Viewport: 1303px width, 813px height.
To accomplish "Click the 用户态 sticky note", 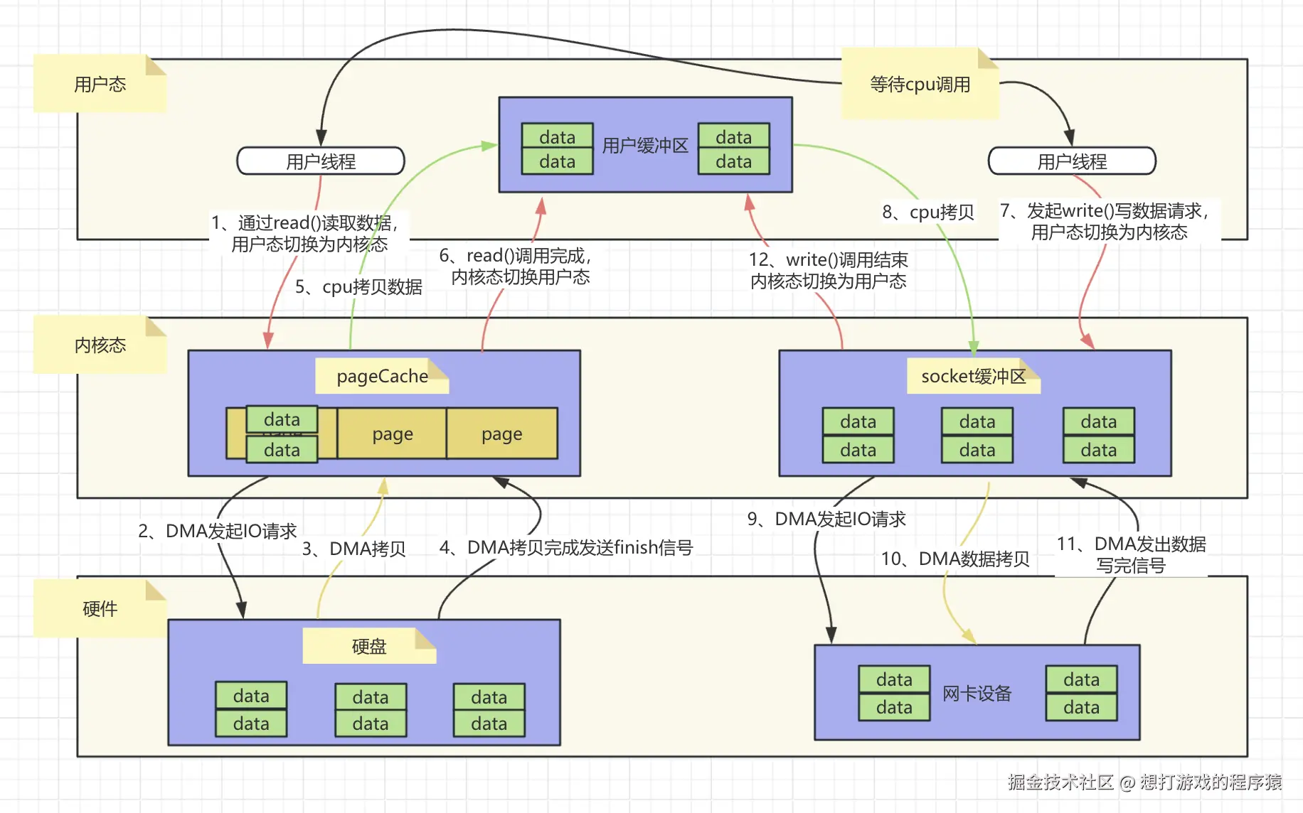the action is click(x=100, y=83).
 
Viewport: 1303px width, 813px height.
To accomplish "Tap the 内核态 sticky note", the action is click(x=100, y=345).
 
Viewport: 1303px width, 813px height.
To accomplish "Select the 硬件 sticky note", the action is click(x=100, y=608).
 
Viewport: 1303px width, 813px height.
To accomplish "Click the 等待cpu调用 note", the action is click(x=920, y=83).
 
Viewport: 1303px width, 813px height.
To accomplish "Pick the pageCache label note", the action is click(x=383, y=376).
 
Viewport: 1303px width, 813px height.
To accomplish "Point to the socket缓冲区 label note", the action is click(x=974, y=376).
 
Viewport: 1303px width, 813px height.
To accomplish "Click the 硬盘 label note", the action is click(x=369, y=646).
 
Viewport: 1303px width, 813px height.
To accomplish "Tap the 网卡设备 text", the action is click(x=977, y=694).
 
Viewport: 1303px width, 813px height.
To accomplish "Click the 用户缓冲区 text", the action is click(x=645, y=146).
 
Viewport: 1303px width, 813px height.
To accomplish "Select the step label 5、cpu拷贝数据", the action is click(x=358, y=287).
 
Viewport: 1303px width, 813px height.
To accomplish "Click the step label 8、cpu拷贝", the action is click(x=928, y=212).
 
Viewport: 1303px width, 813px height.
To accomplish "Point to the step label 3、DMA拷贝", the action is click(x=353, y=549).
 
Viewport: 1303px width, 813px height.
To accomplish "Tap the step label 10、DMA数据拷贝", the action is click(x=955, y=559).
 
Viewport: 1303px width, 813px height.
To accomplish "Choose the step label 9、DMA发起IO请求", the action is click(x=826, y=519).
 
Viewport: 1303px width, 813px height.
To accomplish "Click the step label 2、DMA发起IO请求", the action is click(x=218, y=531).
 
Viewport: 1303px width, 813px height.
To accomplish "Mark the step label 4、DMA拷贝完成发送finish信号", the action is click(x=566, y=547).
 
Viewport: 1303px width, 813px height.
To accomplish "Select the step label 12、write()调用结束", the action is click(x=829, y=260).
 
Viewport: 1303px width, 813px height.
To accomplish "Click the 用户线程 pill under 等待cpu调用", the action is click(x=1072, y=161).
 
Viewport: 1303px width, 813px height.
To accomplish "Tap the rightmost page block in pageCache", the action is click(x=502, y=434).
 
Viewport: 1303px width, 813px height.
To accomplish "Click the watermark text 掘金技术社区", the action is click(x=1060, y=782).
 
